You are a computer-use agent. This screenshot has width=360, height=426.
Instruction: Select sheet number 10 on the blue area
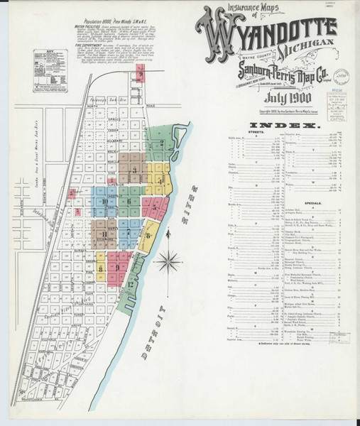105,202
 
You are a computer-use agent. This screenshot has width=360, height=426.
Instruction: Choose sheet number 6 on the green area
129,202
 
